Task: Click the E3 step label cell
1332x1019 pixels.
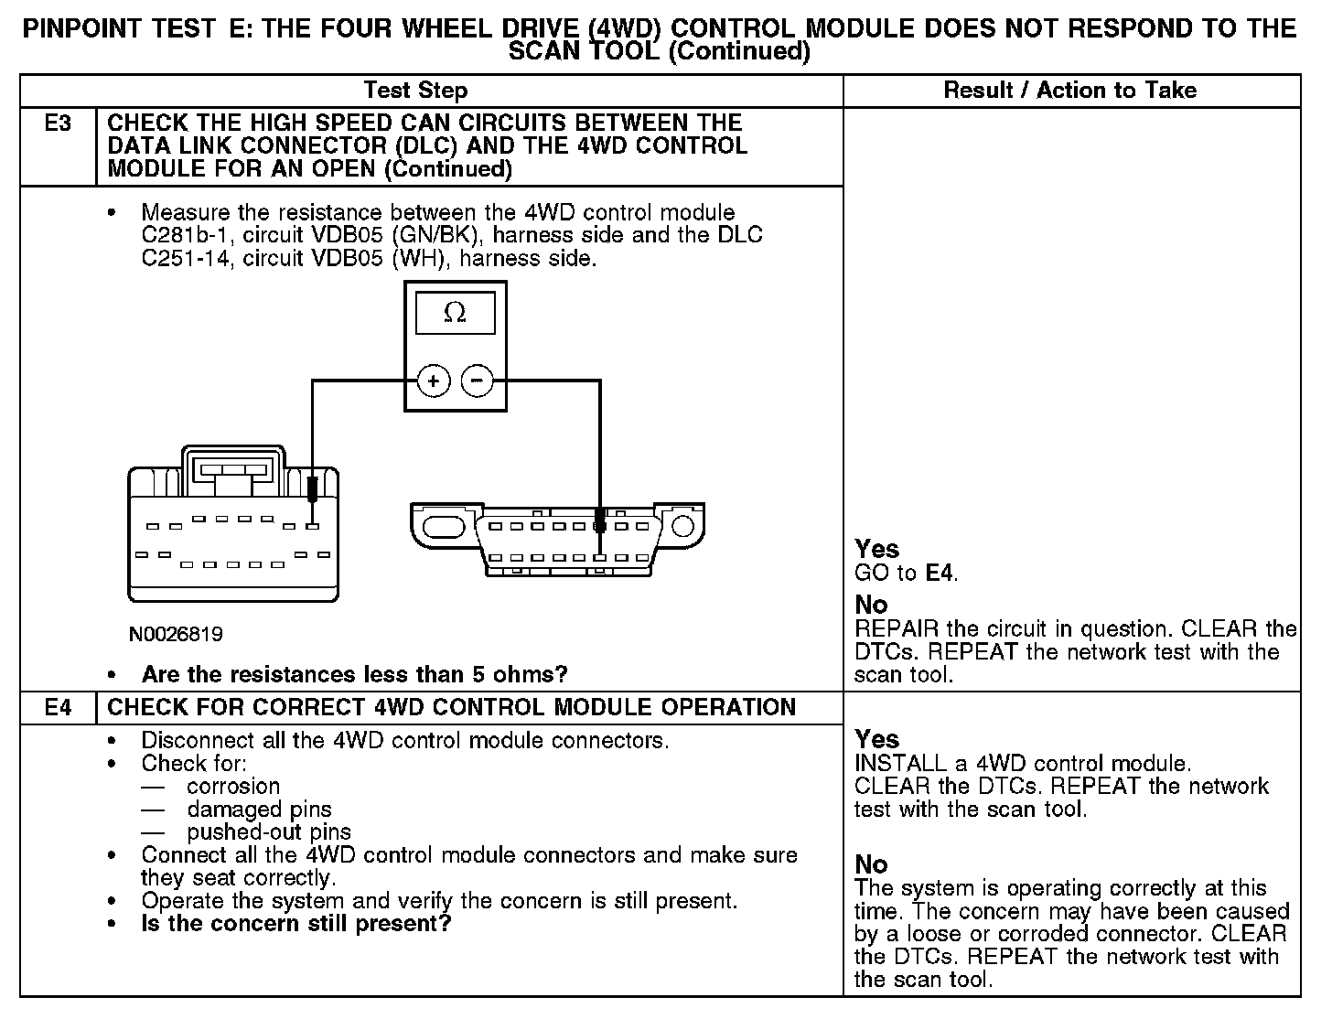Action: coord(58,123)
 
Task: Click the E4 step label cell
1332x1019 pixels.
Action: coord(58,707)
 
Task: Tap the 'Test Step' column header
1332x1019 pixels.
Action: coord(415,90)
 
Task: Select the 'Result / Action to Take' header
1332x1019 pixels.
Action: coord(1069,90)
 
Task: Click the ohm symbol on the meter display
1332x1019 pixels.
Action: coord(455,313)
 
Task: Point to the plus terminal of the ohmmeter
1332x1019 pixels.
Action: coord(434,381)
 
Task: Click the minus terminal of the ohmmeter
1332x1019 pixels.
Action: coord(477,381)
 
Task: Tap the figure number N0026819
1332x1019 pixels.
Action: coord(177,634)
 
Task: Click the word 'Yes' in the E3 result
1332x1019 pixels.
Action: coord(876,549)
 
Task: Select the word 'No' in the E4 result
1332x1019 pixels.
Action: coord(871,864)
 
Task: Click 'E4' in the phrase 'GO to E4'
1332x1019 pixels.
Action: coord(940,574)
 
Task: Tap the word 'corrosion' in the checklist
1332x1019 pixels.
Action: coord(233,787)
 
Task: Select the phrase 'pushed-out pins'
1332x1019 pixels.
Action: coord(269,832)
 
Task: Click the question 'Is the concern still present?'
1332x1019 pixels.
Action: coord(296,924)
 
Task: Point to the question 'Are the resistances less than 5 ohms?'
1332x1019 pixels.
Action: coord(354,675)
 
